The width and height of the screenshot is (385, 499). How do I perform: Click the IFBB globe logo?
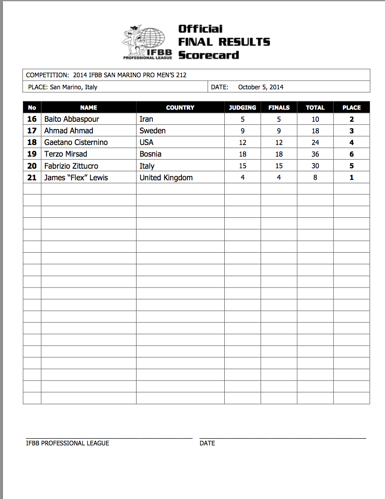point(147,42)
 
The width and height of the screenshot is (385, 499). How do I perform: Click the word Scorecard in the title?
point(209,55)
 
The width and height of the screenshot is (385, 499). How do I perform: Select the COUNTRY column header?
point(180,108)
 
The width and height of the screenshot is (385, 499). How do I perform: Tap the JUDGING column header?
point(243,108)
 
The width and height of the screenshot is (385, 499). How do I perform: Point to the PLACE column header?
point(351,108)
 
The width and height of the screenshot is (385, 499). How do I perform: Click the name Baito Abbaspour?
point(72,119)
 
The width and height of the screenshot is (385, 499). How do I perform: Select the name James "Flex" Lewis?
point(76,178)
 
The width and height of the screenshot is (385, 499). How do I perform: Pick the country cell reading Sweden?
point(153,131)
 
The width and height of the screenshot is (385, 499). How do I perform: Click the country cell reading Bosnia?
point(151,154)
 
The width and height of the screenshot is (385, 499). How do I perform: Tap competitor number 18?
point(32,143)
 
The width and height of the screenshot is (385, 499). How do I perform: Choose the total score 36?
point(315,154)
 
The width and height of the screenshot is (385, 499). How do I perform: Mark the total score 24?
point(315,143)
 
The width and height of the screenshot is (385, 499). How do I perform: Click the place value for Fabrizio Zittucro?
point(351,166)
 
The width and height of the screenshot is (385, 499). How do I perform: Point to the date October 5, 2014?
point(261,87)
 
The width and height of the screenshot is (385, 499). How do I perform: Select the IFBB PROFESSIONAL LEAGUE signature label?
point(67,443)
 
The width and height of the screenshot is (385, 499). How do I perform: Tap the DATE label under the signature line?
point(207,443)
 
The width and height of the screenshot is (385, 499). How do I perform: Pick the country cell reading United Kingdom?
point(166,178)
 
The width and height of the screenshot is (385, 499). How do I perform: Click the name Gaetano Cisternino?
point(76,143)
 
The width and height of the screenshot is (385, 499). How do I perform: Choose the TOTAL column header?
point(315,108)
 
